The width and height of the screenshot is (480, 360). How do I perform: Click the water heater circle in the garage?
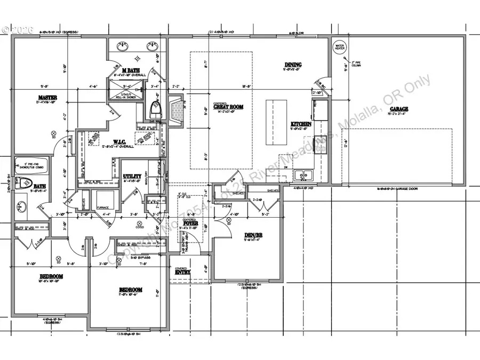tap(339, 47)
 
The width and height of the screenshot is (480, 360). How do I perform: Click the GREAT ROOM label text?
tap(228, 107)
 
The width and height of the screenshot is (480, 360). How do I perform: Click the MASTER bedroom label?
tap(47, 97)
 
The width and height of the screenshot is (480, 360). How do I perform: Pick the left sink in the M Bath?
tap(124, 47)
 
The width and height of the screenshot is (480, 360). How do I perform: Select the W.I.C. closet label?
tap(119, 142)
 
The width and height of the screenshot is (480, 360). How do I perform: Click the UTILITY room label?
tap(131, 175)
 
